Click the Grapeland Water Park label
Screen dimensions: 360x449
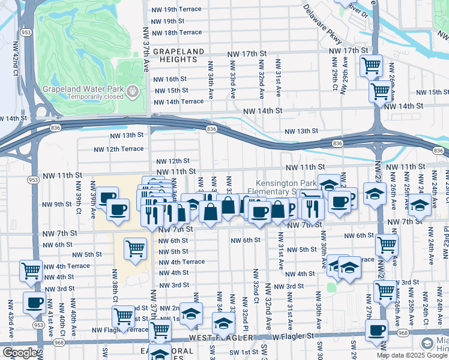coord(83,89)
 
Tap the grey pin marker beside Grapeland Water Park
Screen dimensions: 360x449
coord(133,91)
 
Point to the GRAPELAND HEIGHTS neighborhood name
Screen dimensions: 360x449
coord(179,56)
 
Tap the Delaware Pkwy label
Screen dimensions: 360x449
coord(322,25)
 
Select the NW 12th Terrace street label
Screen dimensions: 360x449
coord(119,149)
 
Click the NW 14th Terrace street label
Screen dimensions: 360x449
coord(179,101)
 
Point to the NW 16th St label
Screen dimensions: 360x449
coord(171,79)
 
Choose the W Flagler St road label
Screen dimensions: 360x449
coord(294,337)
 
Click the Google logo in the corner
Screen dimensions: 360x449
coord(20,353)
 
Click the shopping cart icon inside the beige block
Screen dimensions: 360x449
coord(136,248)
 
